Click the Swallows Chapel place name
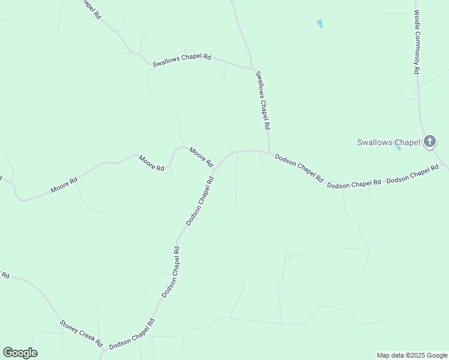[388, 143]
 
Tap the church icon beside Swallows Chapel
[430, 142]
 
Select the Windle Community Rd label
[417, 41]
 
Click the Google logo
[20, 353]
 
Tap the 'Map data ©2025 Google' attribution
[412, 355]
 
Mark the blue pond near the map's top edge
[319, 24]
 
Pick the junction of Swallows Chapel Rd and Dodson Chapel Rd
[270, 152]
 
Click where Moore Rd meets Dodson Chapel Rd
[214, 170]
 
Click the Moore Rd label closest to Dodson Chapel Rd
[201, 157]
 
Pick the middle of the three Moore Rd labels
[151, 163]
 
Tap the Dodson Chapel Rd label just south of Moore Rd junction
[200, 201]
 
